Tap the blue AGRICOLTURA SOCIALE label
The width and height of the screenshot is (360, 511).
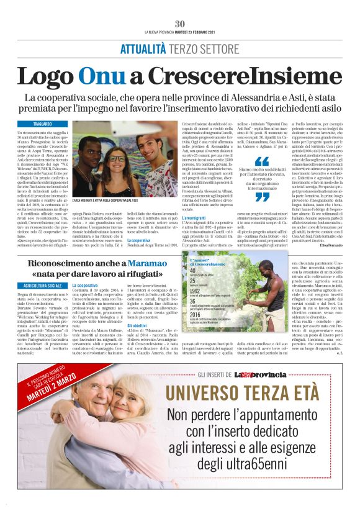42,286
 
